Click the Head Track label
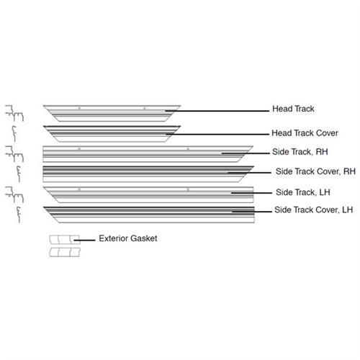point(293,109)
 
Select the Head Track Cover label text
point(305,133)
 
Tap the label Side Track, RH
point(300,152)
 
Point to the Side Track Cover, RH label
point(315,171)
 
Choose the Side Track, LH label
point(303,192)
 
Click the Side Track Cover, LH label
point(313,210)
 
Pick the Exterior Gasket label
point(128,238)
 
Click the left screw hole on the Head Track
point(79,108)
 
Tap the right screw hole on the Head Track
point(145,108)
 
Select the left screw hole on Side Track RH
point(79,149)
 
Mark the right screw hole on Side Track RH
point(188,149)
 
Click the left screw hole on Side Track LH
point(79,189)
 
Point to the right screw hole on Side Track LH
point(188,189)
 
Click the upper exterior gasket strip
point(65,240)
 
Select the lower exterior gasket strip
point(65,252)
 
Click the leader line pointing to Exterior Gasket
point(84,240)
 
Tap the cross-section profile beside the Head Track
point(14,113)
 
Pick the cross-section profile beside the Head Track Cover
point(14,134)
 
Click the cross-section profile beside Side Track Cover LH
point(18,215)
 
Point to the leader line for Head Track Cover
point(217,134)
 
